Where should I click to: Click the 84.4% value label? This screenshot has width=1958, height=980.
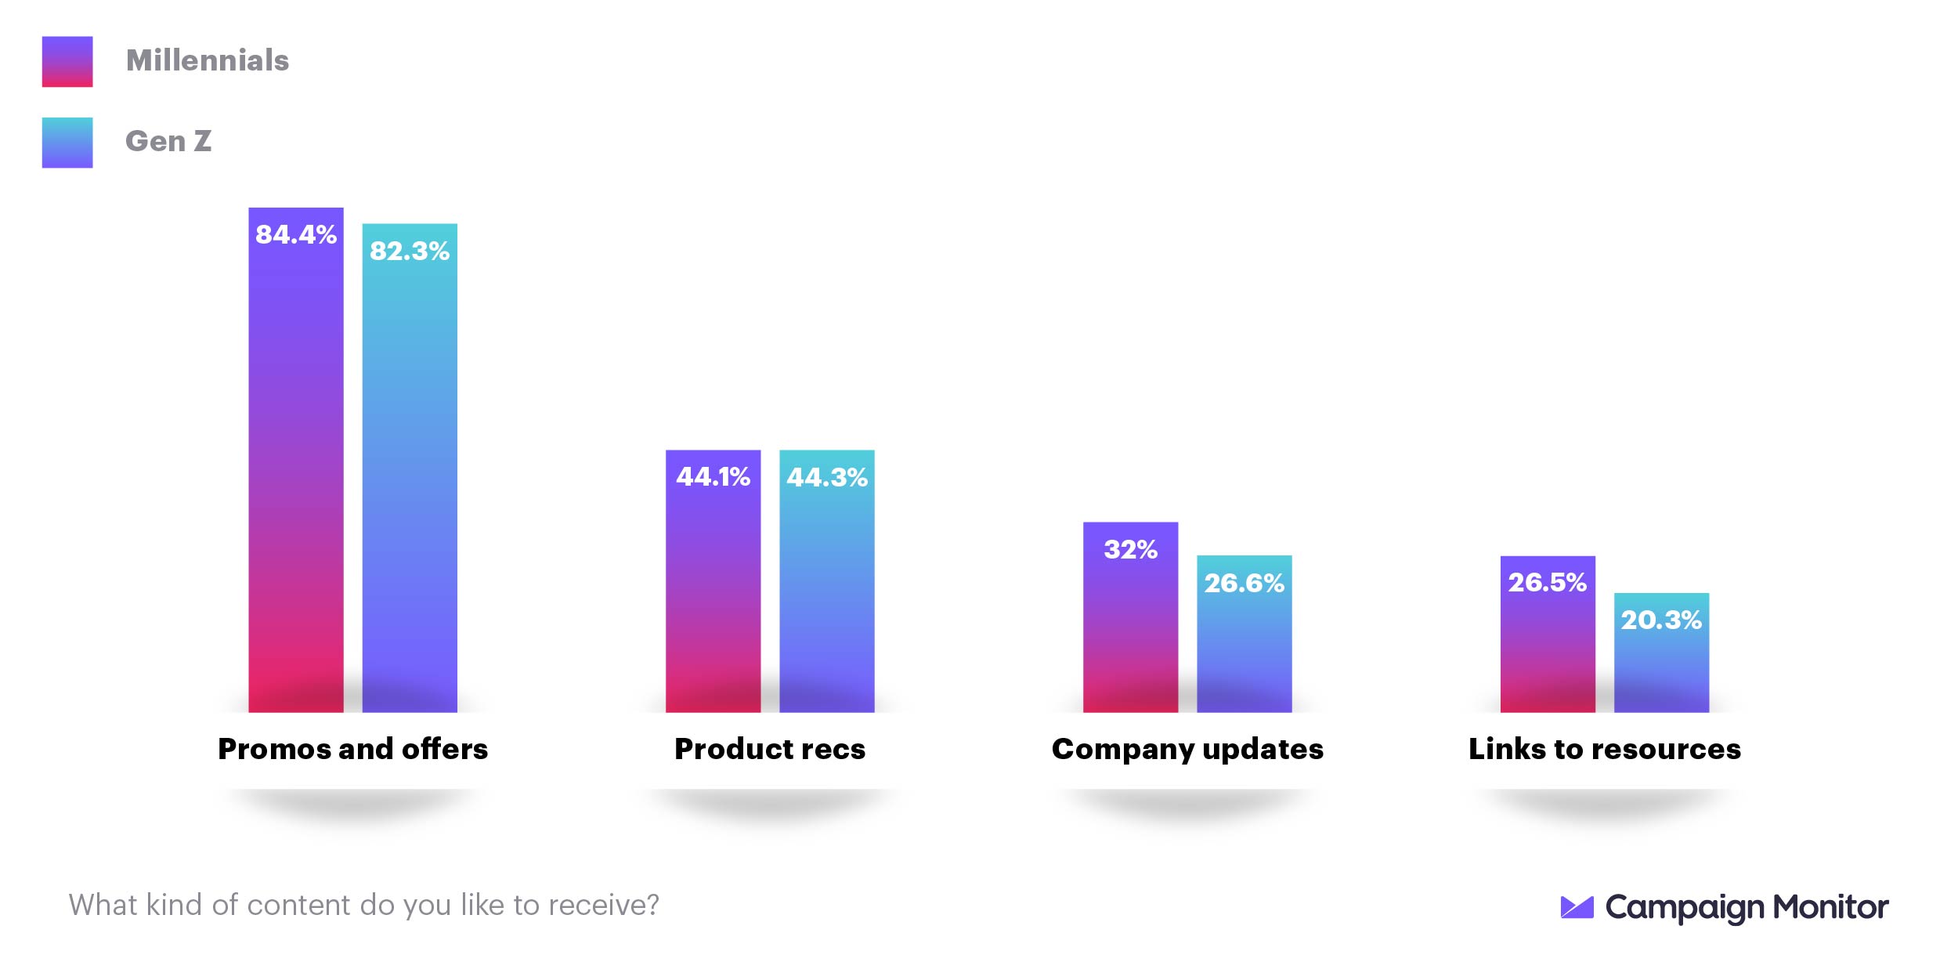click(x=296, y=234)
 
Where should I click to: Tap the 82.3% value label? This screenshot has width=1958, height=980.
click(x=410, y=251)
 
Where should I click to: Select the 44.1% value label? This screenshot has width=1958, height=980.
click(x=713, y=476)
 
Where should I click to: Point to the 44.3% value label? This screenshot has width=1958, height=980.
click(x=827, y=477)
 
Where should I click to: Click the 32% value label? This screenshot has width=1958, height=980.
click(x=1130, y=549)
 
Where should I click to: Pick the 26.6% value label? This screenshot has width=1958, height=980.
click(x=1244, y=583)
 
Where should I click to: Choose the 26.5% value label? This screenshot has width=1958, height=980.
click(x=1547, y=582)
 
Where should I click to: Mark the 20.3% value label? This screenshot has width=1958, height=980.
click(x=1661, y=620)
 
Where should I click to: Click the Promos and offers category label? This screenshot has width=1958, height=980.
click(x=352, y=749)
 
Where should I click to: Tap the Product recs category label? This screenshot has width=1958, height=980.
click(x=770, y=749)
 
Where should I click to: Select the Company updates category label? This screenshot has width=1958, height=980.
click(x=1187, y=749)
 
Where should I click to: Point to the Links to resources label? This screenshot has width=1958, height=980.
click(x=1605, y=749)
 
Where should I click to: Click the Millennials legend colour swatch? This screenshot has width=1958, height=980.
click(x=67, y=61)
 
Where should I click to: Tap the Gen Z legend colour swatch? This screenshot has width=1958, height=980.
click(x=67, y=143)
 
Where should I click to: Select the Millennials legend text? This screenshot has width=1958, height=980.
click(x=208, y=60)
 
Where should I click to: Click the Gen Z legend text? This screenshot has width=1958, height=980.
click(x=168, y=141)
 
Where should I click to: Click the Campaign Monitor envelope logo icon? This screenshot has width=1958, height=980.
click(x=1577, y=907)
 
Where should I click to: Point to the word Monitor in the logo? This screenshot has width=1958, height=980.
click(x=1830, y=907)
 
